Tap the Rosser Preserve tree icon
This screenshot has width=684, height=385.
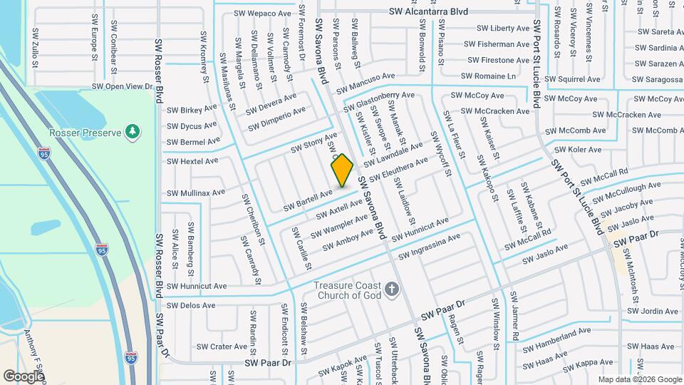tap(132, 131)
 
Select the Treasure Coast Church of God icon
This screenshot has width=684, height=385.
tap(391, 289)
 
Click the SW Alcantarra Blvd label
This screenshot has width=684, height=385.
tap(428, 12)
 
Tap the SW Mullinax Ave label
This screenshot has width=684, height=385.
tap(196, 192)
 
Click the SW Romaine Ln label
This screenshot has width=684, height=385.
tap(488, 76)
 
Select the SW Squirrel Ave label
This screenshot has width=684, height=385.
tap(573, 80)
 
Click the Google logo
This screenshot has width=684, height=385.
tap(23, 376)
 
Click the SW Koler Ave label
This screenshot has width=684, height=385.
tap(578, 149)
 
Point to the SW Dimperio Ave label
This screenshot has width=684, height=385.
tap(277, 118)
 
